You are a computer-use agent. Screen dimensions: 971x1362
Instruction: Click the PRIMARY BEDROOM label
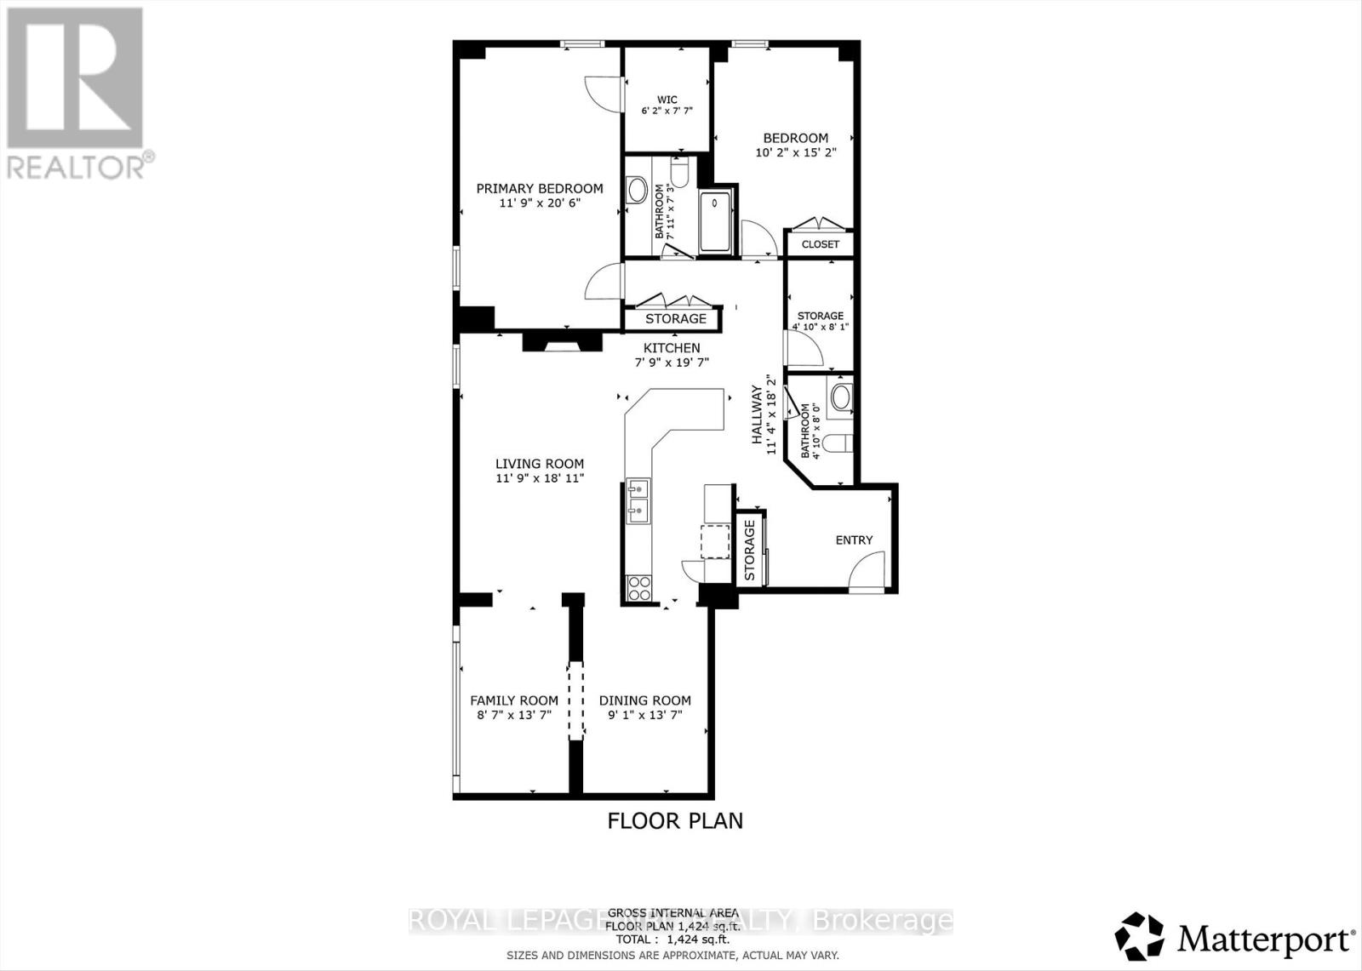tap(539, 189)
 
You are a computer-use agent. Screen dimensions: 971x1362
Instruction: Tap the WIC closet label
tap(667, 100)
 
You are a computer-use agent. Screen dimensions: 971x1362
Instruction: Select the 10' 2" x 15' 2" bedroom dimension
tap(795, 153)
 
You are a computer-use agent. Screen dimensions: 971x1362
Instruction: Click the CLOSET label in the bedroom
tap(820, 244)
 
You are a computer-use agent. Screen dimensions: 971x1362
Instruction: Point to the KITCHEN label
tap(672, 348)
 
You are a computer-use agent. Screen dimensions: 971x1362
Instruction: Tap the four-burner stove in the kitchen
tap(638, 587)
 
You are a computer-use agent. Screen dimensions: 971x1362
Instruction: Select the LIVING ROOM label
tap(540, 464)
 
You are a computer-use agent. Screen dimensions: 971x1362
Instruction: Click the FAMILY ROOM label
tap(514, 700)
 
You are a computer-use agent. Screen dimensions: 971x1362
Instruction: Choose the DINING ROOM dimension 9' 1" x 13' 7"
tap(644, 715)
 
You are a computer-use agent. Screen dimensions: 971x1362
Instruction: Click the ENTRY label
tap(854, 540)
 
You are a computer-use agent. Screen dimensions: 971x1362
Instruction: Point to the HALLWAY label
tap(756, 414)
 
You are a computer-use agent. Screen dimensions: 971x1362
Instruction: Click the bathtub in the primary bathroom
tap(715, 222)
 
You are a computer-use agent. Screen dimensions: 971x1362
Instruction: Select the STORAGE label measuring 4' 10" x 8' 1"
tap(820, 316)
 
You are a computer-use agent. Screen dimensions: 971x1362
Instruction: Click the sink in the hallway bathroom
tap(841, 396)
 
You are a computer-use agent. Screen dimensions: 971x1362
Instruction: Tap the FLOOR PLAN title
tap(674, 820)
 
